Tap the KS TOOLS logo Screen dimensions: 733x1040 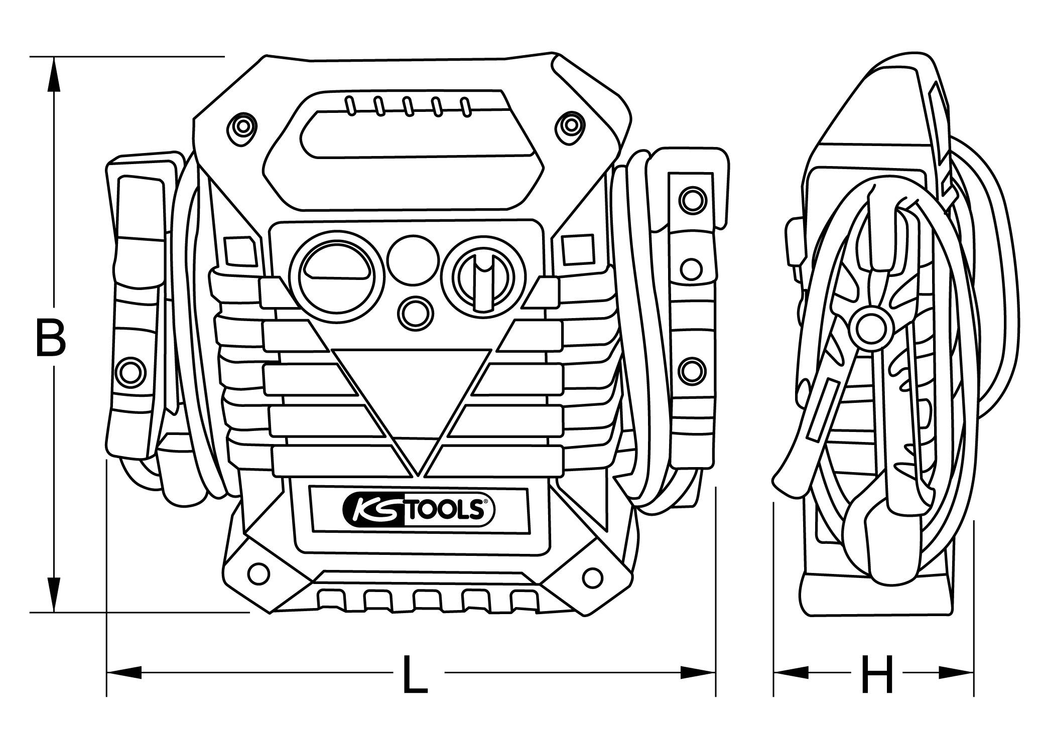(x=418, y=510)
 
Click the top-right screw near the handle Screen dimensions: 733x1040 (x=571, y=124)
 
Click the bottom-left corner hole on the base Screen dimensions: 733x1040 (x=258, y=572)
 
